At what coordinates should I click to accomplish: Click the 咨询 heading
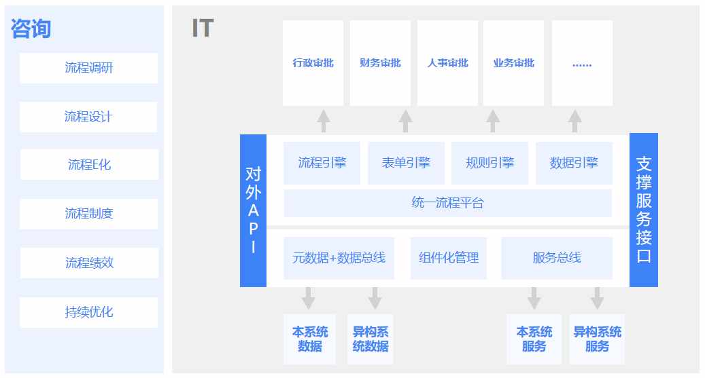click(31, 29)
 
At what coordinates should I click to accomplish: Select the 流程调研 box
click(88, 68)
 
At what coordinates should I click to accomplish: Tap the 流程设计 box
click(88, 117)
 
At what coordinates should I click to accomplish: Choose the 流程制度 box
click(88, 214)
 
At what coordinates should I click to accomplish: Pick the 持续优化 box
click(88, 312)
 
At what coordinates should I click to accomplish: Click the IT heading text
click(203, 29)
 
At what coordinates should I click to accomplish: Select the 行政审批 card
click(313, 63)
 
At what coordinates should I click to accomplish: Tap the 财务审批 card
click(380, 63)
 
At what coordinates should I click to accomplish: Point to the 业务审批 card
click(513, 63)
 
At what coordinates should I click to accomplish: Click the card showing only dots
click(582, 63)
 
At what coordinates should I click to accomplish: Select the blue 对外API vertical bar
click(253, 210)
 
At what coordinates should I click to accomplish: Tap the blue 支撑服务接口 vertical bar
click(644, 210)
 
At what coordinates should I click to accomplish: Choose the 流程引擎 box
click(322, 163)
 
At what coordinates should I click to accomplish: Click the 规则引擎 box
click(489, 163)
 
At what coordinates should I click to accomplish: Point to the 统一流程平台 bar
click(448, 203)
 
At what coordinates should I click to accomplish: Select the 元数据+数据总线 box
click(339, 258)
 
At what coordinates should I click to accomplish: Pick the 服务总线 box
click(557, 258)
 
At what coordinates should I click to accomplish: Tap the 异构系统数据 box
click(370, 339)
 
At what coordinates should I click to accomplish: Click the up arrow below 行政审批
click(324, 121)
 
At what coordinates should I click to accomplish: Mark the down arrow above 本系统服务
click(534, 299)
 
